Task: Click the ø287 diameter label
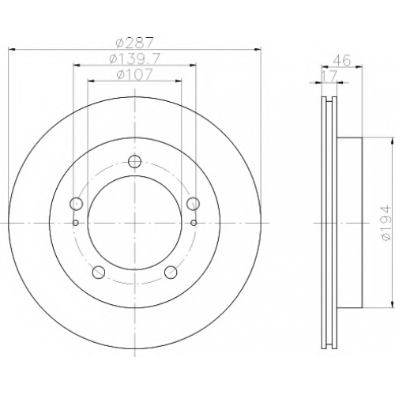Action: [134, 43]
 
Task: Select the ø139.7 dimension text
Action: [134, 58]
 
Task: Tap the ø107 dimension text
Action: [134, 74]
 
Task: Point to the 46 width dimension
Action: [342, 60]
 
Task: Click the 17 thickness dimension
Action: [329, 77]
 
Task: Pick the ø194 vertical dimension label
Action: [387, 223]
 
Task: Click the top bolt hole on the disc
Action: [134, 161]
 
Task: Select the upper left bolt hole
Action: [76, 203]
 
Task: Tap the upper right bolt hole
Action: [194, 203]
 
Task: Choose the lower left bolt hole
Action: [99, 272]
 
